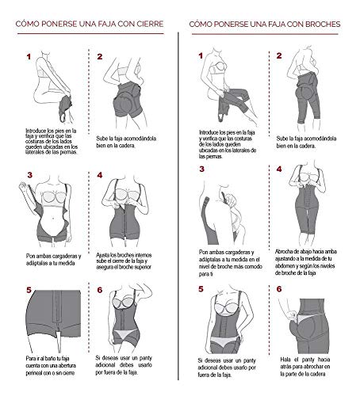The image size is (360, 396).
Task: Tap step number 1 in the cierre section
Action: click(x=29, y=57)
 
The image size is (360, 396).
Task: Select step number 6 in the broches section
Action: click(x=279, y=290)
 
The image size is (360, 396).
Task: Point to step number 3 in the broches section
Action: click(x=202, y=169)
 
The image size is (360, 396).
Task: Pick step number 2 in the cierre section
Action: click(x=100, y=57)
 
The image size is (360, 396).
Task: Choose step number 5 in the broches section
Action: click(x=202, y=290)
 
